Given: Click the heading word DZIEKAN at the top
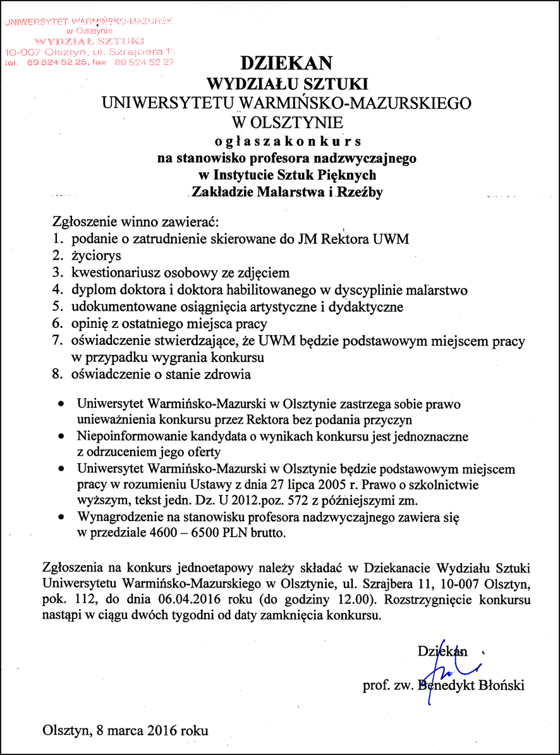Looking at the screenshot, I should point(286,63).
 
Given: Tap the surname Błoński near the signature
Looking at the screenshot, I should point(501,685).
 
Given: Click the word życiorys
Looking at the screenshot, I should point(95,256).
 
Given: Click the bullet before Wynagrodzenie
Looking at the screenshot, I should point(61,517).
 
